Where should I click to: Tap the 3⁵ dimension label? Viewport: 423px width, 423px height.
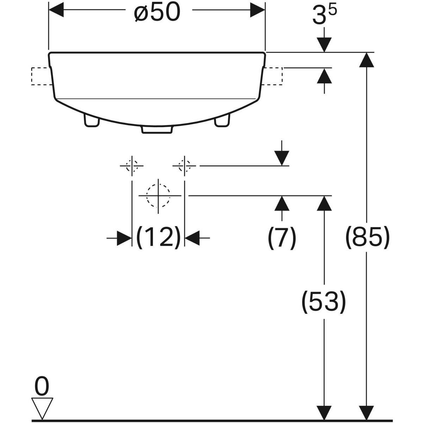(x=323, y=16)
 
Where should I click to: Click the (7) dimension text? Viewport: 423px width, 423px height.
(x=281, y=238)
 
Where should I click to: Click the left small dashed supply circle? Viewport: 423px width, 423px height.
(x=132, y=165)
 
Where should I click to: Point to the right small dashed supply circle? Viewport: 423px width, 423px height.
(x=184, y=165)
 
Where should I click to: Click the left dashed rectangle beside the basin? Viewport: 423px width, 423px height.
(x=41, y=76)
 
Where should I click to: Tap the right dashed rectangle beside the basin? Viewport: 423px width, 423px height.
(x=273, y=76)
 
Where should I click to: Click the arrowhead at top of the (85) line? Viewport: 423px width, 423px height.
(x=367, y=60)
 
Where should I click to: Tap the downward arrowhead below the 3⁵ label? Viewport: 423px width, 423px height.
(x=324, y=45)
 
